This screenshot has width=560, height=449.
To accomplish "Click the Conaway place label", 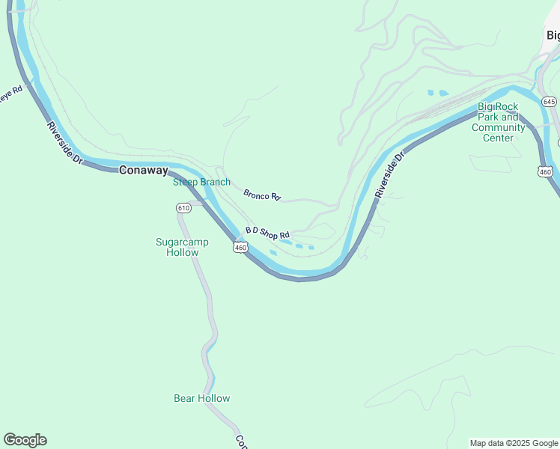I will pos(143,170).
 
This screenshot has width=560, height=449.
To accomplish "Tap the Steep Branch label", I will pos(201,182).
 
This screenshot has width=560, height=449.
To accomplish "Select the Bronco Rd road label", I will pos(262,195).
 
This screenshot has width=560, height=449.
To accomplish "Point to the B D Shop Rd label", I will pos(267,233).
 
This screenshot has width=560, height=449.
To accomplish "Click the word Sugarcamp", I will pos(182,242).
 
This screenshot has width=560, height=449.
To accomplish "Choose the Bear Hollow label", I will pos(201,398).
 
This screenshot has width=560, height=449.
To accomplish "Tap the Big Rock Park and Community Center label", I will pos(498,122).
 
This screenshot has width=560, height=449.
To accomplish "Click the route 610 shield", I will pos(183,207).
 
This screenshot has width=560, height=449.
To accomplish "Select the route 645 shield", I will pos(550,101).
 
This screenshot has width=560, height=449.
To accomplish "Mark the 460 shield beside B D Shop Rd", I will pos(240,247).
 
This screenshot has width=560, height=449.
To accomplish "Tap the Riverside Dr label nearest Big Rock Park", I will pos(389,174).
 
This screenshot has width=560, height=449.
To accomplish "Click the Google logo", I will pos(25,440).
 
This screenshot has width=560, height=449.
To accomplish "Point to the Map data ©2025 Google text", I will pos(514,443).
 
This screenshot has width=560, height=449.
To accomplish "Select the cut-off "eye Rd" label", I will pos(13,95).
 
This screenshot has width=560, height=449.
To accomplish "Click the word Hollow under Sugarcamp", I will pos(182,252).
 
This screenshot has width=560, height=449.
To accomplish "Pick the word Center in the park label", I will pos(498,138).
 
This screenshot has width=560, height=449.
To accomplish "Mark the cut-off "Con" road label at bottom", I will pos(240,442).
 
